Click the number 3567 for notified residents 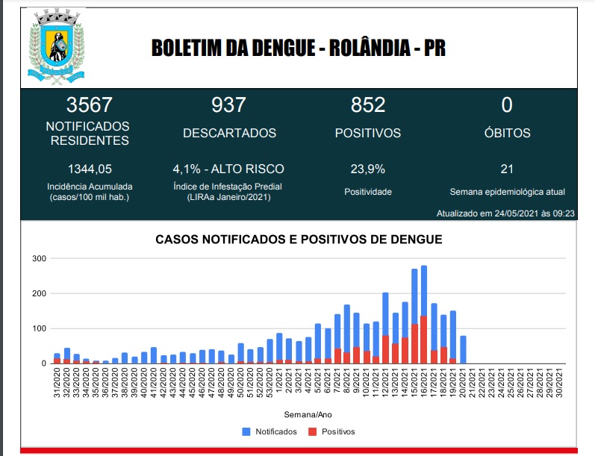coord(88,104)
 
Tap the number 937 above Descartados coord(229,104)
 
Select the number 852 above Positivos coord(367,104)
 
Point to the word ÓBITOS coord(506,134)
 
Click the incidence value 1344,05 coord(90,169)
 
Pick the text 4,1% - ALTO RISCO coord(228,169)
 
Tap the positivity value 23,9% coord(367,169)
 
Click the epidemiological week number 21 coord(507,169)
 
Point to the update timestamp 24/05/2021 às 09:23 coord(505,213)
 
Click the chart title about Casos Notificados coord(299,240)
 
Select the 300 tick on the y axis coord(39,259)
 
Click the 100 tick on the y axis coord(39,328)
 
